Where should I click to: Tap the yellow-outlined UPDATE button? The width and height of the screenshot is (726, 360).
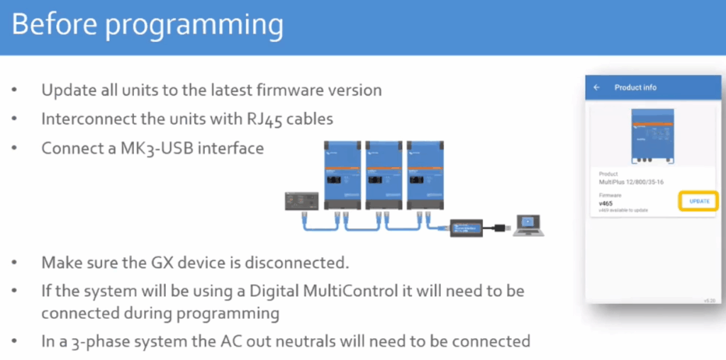click(x=699, y=201)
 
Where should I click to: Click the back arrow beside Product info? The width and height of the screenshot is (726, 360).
click(x=597, y=87)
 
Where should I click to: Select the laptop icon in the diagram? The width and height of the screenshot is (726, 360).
click(x=528, y=225)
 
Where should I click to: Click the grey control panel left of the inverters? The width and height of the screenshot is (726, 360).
click(x=301, y=202)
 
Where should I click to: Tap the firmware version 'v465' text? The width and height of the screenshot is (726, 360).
click(x=606, y=203)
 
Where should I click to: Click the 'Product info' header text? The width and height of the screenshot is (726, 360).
click(x=635, y=87)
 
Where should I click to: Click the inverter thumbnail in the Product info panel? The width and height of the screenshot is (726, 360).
click(x=652, y=137)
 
